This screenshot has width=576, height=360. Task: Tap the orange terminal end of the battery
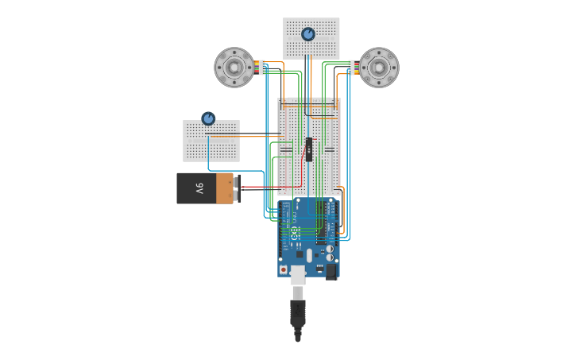[x=226, y=189]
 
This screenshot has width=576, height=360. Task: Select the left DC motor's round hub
[x=234, y=68]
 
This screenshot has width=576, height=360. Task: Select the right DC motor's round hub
[x=379, y=68]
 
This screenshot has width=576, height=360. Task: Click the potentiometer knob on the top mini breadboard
[x=308, y=34]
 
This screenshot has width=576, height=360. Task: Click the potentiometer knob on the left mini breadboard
[x=208, y=118]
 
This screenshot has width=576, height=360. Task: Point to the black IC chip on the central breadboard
[x=309, y=149]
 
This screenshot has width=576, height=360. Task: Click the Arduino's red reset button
[x=284, y=269]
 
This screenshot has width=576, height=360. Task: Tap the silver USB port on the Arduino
[x=298, y=275]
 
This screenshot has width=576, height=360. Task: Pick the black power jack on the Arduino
[x=332, y=271]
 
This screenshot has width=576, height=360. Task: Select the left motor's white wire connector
[x=262, y=68]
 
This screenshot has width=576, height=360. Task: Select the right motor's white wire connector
[x=351, y=68]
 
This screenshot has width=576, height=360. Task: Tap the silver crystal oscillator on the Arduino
[x=309, y=255]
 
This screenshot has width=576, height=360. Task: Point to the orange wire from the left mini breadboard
[x=254, y=137]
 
